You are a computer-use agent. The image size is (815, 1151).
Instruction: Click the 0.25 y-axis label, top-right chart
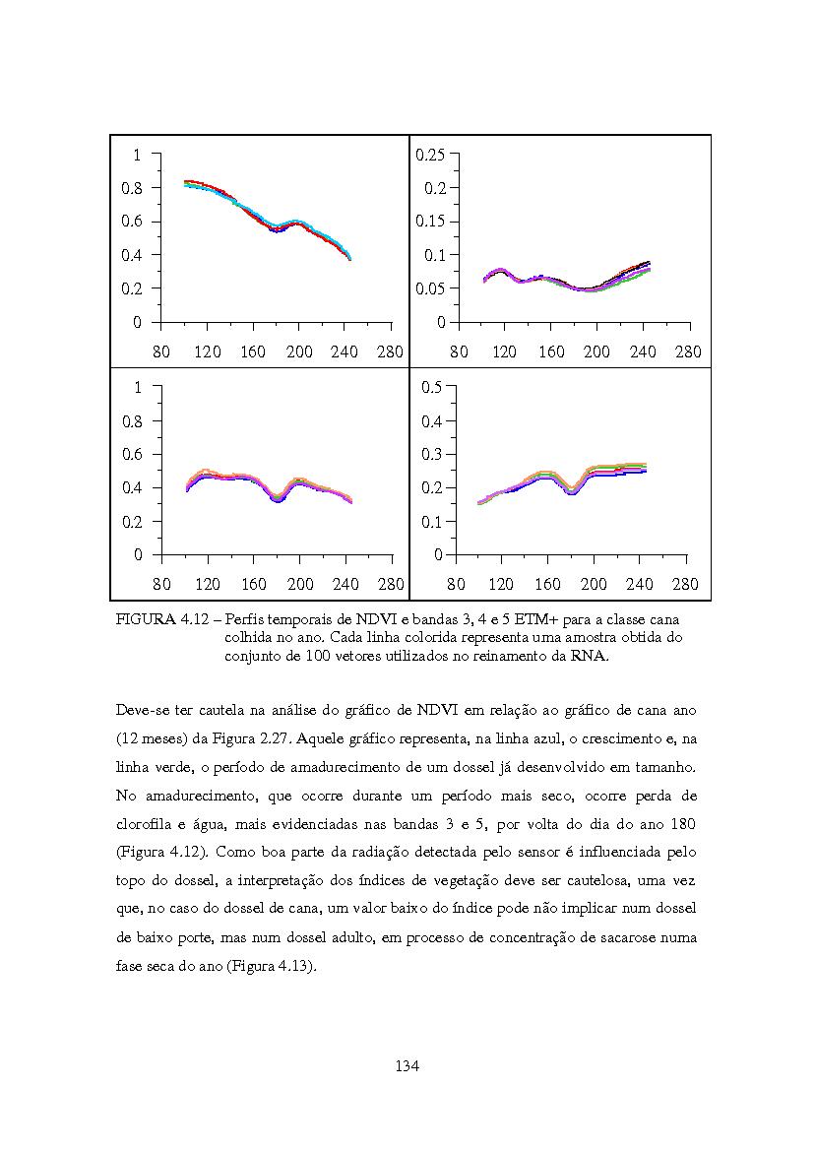coord(430,155)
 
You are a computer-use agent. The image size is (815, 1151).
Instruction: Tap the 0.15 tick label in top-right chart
coord(430,221)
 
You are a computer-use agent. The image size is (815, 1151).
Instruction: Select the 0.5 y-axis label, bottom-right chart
coord(432,387)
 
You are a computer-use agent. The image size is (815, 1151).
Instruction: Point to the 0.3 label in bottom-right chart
coord(432,454)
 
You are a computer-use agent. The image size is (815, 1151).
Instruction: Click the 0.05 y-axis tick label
coord(430,288)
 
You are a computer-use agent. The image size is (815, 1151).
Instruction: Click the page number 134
coord(407,1066)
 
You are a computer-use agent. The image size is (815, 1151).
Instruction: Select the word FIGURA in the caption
coord(145,619)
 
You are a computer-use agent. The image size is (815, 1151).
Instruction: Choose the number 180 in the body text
coord(683,824)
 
